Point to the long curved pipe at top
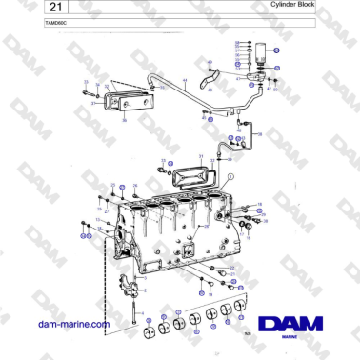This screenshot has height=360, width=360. pos(190,90)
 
